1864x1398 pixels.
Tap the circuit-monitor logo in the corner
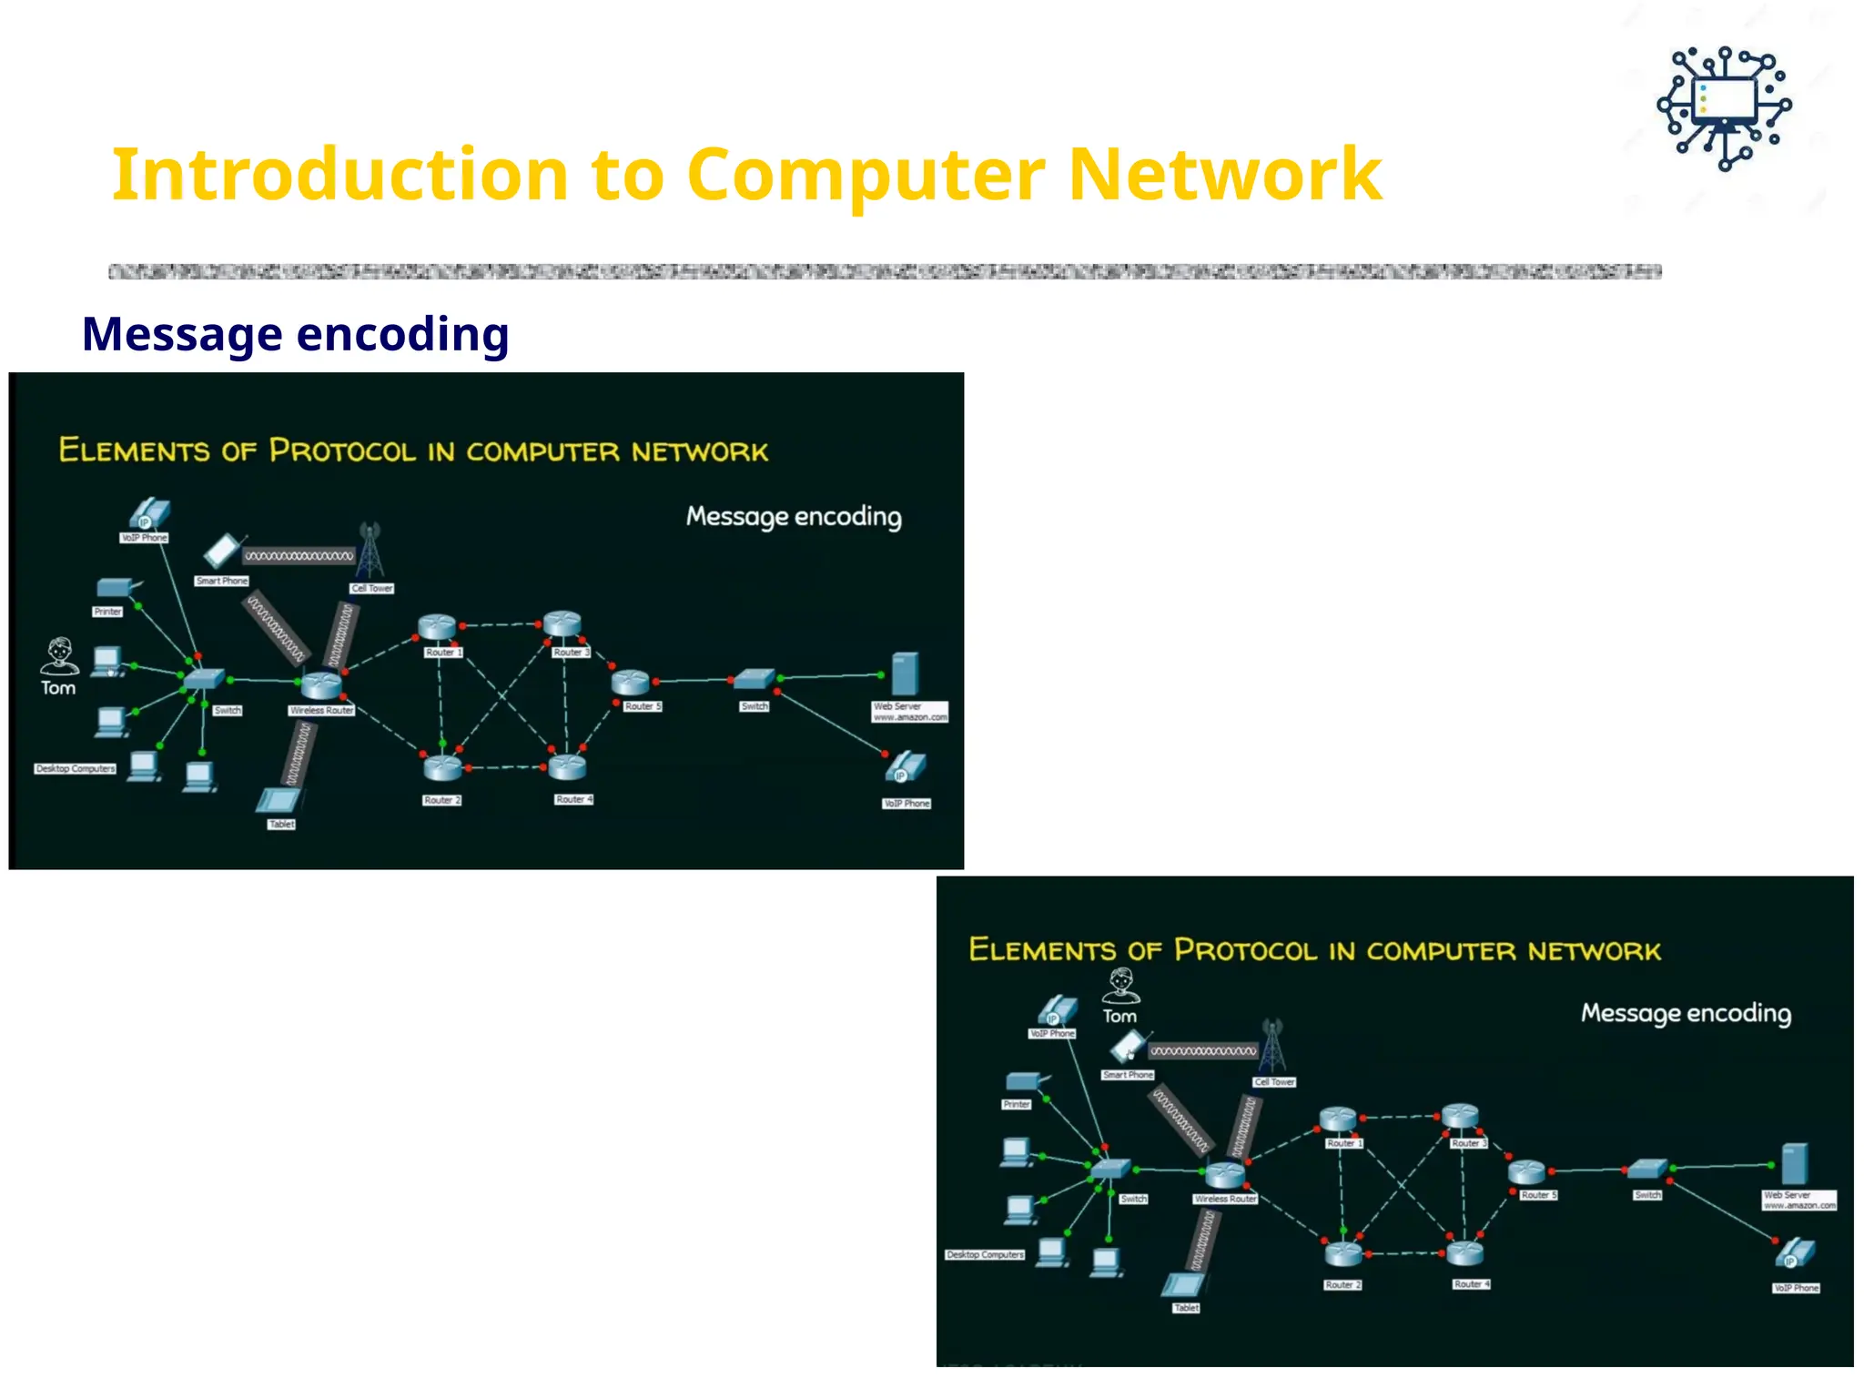click(x=1724, y=108)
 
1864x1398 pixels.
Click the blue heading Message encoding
click(x=295, y=334)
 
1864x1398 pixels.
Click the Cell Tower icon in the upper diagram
click(x=370, y=551)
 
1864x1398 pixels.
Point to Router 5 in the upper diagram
click(x=630, y=683)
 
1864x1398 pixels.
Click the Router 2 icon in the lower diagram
click(x=1343, y=1254)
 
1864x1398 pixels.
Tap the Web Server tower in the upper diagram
click(x=905, y=674)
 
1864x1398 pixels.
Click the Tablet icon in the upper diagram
click(x=279, y=801)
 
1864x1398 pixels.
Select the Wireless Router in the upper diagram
click(x=320, y=684)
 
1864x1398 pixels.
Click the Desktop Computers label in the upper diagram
click(x=76, y=768)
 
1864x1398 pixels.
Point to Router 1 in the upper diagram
click(x=437, y=627)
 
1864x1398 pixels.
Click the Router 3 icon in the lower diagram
click(x=1460, y=1116)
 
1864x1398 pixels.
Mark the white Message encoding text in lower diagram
click(x=1686, y=1013)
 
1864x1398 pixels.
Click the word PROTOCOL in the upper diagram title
click(x=342, y=451)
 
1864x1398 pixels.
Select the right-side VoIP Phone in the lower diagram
click(x=1795, y=1256)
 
